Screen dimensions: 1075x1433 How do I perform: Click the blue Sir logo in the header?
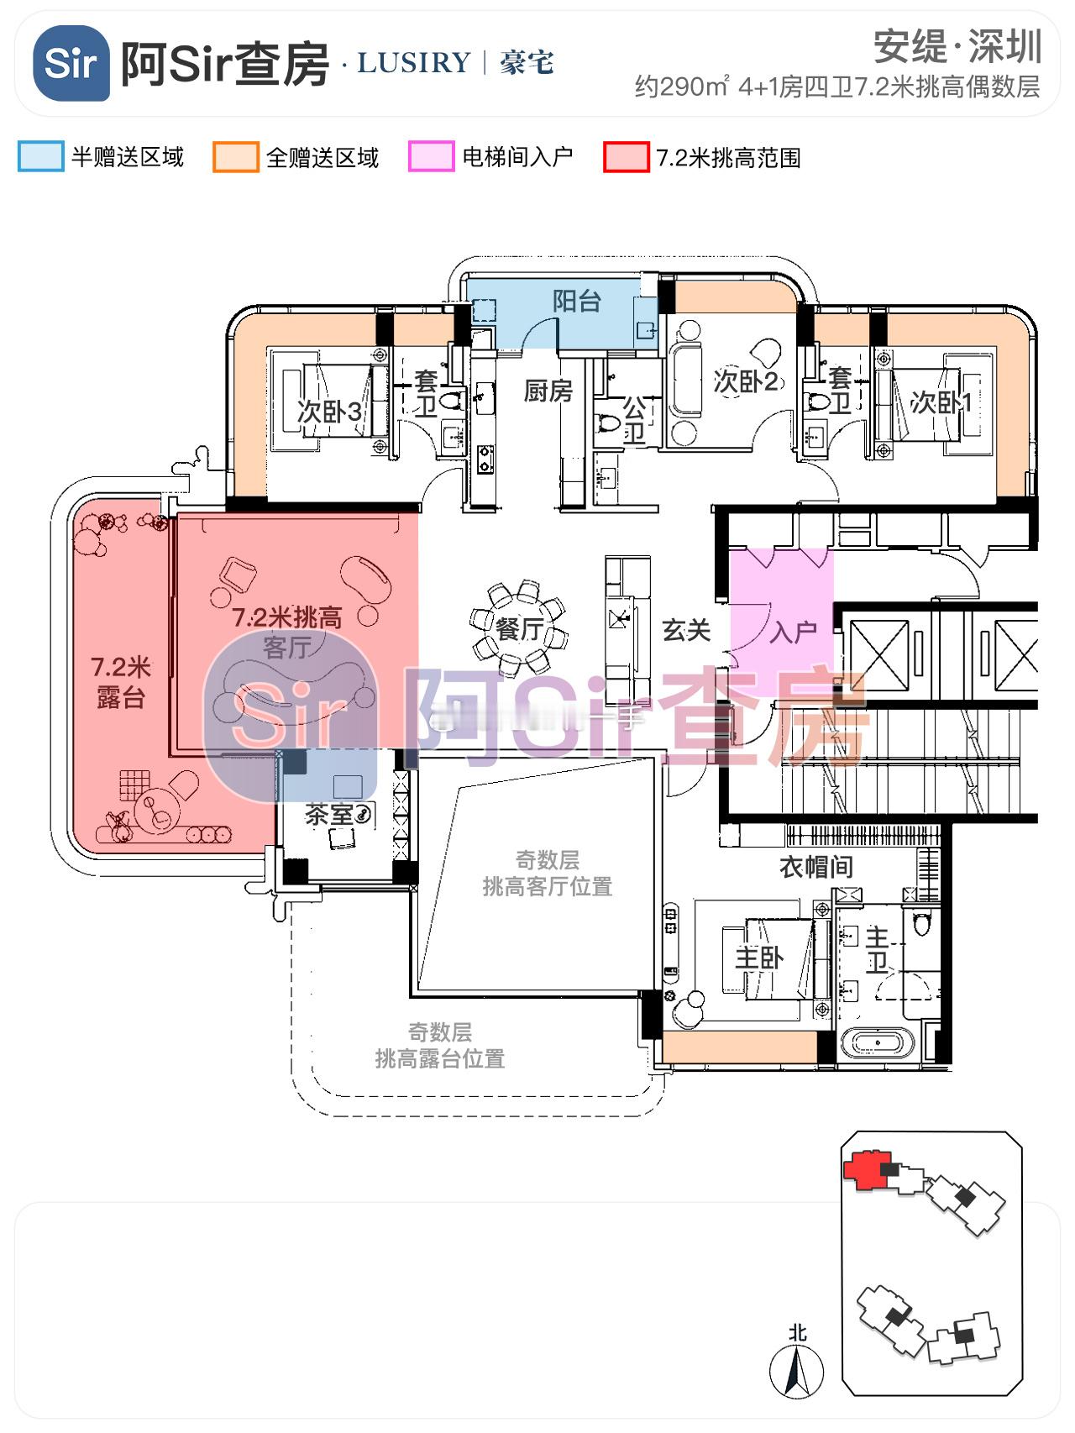coord(71,63)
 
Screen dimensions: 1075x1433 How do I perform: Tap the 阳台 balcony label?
coord(577,301)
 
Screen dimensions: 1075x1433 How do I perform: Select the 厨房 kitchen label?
coord(548,391)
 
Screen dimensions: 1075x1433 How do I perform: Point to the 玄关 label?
coord(686,630)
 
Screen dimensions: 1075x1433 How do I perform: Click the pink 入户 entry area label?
coord(793,632)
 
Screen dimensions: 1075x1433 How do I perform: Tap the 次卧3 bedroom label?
coord(329,412)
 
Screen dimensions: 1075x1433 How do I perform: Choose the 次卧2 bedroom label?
coord(747,381)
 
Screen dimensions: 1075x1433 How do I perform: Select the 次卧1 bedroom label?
coord(941,402)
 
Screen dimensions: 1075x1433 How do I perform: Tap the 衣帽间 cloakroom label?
coord(815,867)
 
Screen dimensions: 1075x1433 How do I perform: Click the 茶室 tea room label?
coord(328,814)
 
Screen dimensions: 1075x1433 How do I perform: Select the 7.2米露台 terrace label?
coord(121,682)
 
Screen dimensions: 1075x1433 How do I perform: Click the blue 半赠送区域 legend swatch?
coord(40,157)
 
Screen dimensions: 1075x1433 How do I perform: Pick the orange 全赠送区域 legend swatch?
coord(235,157)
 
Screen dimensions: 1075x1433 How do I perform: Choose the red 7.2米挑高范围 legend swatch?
coord(626,157)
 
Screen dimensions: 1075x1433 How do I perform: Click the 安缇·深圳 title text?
coord(957,46)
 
